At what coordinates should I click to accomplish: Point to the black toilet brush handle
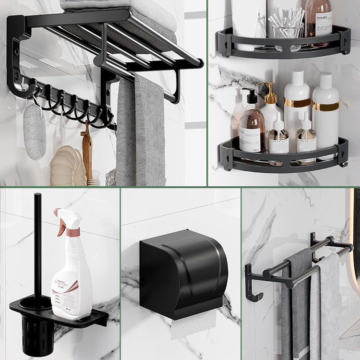coord(37,245)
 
